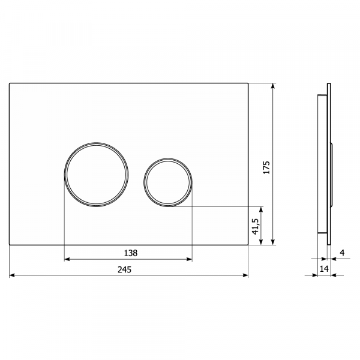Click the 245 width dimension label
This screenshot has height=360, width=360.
pyautogui.click(x=124, y=269)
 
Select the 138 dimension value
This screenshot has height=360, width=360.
pyautogui.click(x=131, y=253)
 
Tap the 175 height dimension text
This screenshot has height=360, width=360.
pyautogui.click(x=266, y=167)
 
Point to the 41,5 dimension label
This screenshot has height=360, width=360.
pyautogui.click(x=256, y=226)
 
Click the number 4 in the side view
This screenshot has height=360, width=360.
pyautogui.click(x=343, y=253)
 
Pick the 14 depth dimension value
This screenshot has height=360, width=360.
pyautogui.click(x=324, y=269)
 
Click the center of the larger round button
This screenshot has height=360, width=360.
pyautogui.click(x=96, y=175)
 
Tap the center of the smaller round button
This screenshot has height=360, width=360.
pyautogui.click(x=168, y=182)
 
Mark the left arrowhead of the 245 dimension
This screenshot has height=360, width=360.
pyautogui.click(x=12, y=275)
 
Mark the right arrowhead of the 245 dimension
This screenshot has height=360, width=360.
pyautogui.click(x=245, y=275)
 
